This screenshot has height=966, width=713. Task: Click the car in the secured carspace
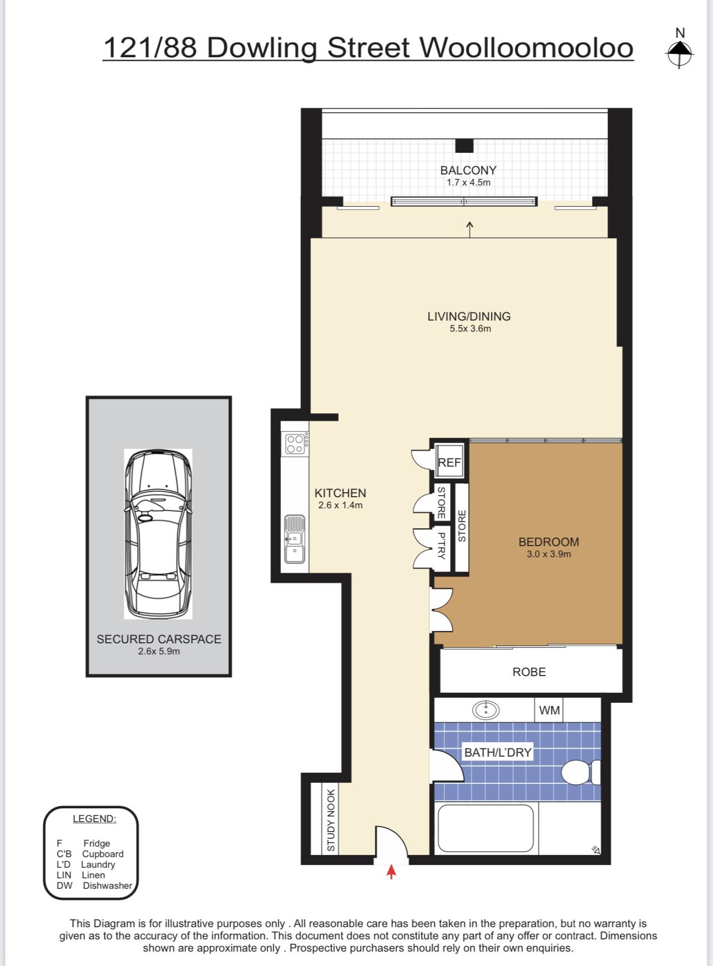[x=158, y=534]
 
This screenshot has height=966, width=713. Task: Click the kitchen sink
[x=294, y=539]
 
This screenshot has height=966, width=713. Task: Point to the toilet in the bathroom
[x=581, y=772]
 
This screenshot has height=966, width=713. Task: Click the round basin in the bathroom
[x=486, y=709]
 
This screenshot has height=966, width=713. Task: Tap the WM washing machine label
[x=549, y=710]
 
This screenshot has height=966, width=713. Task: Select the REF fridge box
[x=449, y=462]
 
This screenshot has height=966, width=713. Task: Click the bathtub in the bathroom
[x=486, y=828]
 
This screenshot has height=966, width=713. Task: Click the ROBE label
[x=529, y=672]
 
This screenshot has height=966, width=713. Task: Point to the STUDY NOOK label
[x=331, y=820]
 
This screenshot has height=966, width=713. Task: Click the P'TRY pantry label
[x=441, y=545]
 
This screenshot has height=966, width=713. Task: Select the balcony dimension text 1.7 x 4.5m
[x=469, y=182]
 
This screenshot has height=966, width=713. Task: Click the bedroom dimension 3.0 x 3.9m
[x=549, y=554]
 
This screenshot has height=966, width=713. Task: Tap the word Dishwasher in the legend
[x=108, y=885]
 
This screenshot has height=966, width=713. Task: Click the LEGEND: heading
[x=94, y=819]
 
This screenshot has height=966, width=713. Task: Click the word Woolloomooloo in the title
[x=526, y=48]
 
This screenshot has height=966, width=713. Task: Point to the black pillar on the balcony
[x=464, y=146]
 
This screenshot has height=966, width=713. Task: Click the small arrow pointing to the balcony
[x=470, y=229]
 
